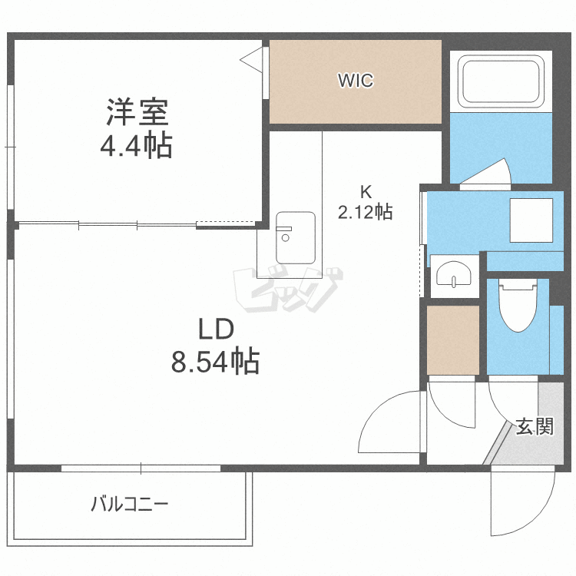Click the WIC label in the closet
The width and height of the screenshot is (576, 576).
click(x=356, y=81)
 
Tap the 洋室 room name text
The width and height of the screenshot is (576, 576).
click(x=137, y=113)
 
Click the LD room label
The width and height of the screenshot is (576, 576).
click(x=215, y=329)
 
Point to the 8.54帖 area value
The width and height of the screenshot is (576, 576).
click(x=215, y=360)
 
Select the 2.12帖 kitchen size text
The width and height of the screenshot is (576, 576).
click(x=366, y=212)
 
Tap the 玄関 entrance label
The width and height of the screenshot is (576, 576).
click(x=534, y=427)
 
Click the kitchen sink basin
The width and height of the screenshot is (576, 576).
click(x=295, y=236)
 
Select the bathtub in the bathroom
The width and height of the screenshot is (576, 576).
click(x=502, y=81)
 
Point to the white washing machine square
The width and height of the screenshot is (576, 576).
click(x=531, y=221)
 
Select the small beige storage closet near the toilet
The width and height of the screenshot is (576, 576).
click(x=452, y=339)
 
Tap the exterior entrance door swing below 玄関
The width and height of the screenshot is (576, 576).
click(x=523, y=502)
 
